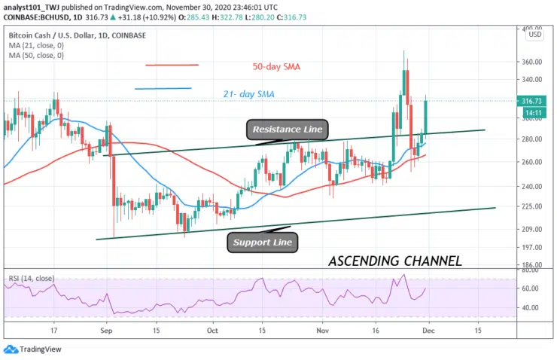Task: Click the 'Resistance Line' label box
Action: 288,130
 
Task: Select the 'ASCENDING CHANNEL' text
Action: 395,261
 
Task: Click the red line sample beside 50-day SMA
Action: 172,65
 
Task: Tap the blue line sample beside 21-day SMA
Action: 163,89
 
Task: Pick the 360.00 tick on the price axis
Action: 533,62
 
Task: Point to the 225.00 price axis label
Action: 533,206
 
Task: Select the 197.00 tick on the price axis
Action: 533,247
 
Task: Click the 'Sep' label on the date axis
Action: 106,330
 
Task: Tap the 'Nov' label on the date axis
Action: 322,330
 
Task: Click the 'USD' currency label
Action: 534,35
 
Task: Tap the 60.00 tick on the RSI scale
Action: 531,288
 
